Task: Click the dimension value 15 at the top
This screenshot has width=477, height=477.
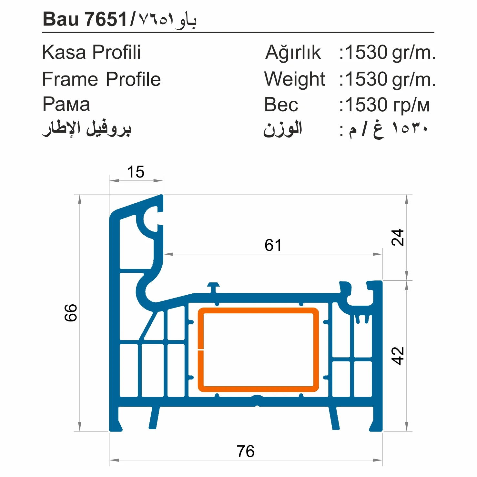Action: pos(136,172)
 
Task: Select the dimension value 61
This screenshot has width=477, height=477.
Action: pos(273,245)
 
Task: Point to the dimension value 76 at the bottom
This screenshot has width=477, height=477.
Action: pos(246,451)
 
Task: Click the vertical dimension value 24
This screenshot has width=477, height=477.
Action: pos(398,238)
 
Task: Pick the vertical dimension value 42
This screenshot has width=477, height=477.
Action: pos(398,356)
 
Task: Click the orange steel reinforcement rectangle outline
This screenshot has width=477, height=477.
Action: pos(258,311)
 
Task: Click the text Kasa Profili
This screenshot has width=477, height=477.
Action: pos(91,52)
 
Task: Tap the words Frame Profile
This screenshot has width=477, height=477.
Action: pos(101,79)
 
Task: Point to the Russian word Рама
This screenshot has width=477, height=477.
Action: pos(66,104)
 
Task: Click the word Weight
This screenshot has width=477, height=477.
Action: pos(294,79)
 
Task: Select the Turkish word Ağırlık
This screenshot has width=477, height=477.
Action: pos(293,53)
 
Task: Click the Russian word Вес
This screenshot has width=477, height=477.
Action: pos(281,105)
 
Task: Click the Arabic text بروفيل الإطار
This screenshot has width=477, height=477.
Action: pos(86,129)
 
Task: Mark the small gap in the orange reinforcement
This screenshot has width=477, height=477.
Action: pos(201,349)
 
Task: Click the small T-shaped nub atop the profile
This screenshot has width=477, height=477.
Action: pos(213,286)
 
